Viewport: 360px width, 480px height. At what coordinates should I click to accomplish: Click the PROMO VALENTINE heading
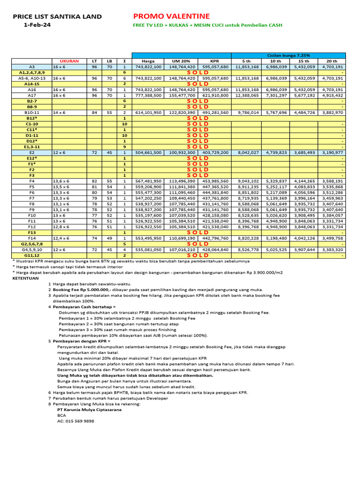pyautogui.click(x=172, y=16)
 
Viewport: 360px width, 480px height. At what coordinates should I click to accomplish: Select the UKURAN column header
pyautogui.click(x=69, y=61)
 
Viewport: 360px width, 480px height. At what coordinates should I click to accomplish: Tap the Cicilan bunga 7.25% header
pyautogui.click(x=288, y=55)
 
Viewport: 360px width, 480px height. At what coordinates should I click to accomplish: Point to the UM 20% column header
pyautogui.click(x=181, y=61)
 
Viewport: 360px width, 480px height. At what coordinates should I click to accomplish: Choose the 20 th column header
pyautogui.click(x=331, y=61)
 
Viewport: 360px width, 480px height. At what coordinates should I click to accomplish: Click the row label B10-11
pyautogui.click(x=32, y=112)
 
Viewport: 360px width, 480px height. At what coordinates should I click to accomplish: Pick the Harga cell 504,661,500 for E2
pyautogui.click(x=148, y=152)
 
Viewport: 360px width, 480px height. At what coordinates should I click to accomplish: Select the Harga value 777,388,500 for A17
pyautogui.click(x=148, y=95)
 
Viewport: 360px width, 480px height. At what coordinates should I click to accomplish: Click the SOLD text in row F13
pyautogui.click(x=197, y=232)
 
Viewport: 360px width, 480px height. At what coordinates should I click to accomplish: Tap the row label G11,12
pyautogui.click(x=32, y=255)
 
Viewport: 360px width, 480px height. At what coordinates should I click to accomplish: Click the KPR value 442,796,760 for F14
pyautogui.click(x=214, y=238)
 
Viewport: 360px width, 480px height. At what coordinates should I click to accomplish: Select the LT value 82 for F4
pyautogui.click(x=94, y=181)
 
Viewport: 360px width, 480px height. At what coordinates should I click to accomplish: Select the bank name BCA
pyautogui.click(x=61, y=415)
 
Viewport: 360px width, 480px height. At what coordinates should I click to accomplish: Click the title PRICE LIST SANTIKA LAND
pyautogui.click(x=57, y=16)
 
